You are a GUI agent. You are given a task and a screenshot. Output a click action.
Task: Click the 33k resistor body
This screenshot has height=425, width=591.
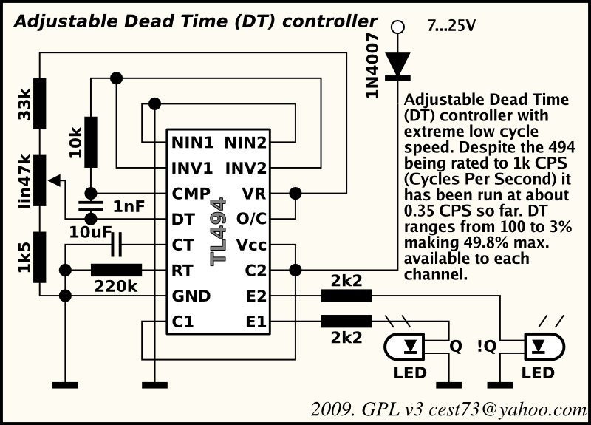(40, 103)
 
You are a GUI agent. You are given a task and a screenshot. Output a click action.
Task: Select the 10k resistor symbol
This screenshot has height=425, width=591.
(90, 142)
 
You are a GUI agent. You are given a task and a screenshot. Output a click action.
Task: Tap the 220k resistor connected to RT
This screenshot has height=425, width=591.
(117, 271)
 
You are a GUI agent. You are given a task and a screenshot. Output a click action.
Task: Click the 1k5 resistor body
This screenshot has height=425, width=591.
(40, 257)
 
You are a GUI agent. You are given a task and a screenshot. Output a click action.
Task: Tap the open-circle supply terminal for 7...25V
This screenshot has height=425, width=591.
(397, 27)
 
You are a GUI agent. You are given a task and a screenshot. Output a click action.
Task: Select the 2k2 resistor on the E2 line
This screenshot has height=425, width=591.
(346, 296)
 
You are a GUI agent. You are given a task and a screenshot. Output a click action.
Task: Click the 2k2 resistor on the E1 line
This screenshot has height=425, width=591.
(346, 322)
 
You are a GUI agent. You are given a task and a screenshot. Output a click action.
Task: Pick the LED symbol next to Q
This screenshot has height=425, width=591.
(404, 346)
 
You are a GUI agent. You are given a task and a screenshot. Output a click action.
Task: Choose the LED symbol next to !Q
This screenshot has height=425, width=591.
(544, 346)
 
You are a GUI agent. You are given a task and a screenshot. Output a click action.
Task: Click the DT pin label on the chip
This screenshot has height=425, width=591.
(182, 219)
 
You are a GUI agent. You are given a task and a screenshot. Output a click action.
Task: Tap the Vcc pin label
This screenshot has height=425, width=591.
(251, 245)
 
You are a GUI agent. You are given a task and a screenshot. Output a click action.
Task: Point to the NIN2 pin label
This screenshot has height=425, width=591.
(245, 143)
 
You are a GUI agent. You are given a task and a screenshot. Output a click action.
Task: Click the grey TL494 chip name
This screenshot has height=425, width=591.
(218, 231)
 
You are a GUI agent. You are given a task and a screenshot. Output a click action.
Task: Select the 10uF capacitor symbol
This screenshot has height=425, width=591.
(117, 245)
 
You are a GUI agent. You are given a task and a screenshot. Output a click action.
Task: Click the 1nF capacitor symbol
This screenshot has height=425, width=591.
(90, 206)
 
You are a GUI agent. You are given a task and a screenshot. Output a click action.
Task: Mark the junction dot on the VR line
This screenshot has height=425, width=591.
(295, 194)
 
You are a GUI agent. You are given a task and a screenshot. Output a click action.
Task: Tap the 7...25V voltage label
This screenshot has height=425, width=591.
(451, 26)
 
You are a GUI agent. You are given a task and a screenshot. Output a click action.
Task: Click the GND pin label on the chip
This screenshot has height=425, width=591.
(191, 296)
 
